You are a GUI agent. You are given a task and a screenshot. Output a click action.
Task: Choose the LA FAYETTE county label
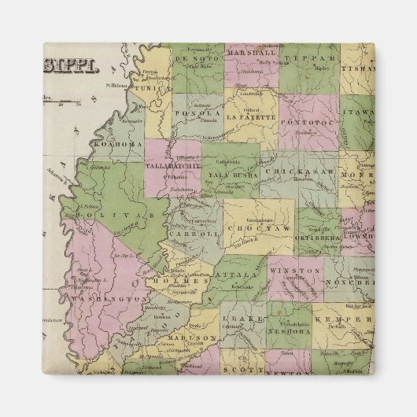250,117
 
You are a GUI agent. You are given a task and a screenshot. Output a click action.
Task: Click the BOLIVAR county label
112,213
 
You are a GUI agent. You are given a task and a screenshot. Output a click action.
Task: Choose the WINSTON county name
300,272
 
